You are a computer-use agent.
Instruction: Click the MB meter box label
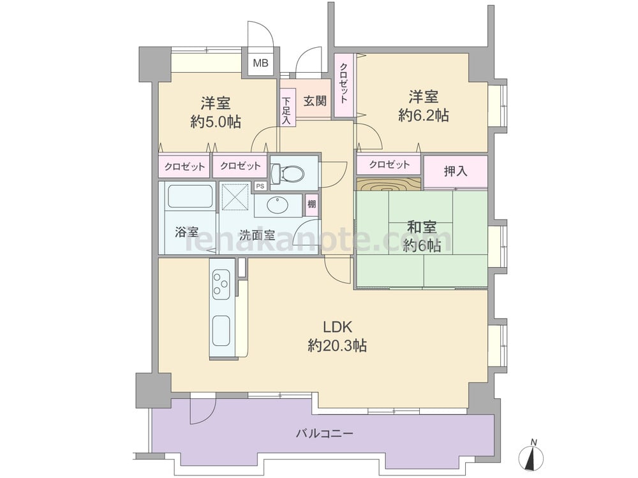(x=260, y=63)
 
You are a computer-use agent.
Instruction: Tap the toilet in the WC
(x=287, y=173)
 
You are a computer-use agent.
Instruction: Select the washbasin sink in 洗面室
(x=278, y=205)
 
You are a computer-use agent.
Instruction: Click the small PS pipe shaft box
(x=260, y=186)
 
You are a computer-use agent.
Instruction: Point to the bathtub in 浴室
(x=190, y=197)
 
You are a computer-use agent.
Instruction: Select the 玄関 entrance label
(x=315, y=101)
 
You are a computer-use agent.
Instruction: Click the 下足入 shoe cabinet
(x=287, y=111)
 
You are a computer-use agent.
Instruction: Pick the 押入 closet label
(x=456, y=171)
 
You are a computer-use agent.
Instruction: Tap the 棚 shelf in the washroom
(x=311, y=204)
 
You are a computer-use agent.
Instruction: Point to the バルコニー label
(x=324, y=433)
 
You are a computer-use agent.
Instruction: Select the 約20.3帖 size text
(x=338, y=345)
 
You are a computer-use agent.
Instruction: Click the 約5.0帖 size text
(x=216, y=122)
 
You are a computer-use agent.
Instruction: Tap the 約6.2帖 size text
(x=424, y=116)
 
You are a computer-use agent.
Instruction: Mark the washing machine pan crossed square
(x=235, y=197)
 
